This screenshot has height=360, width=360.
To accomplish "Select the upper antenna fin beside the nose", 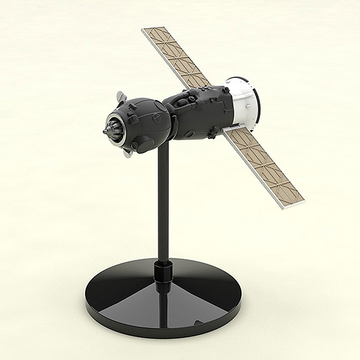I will point(119,98).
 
